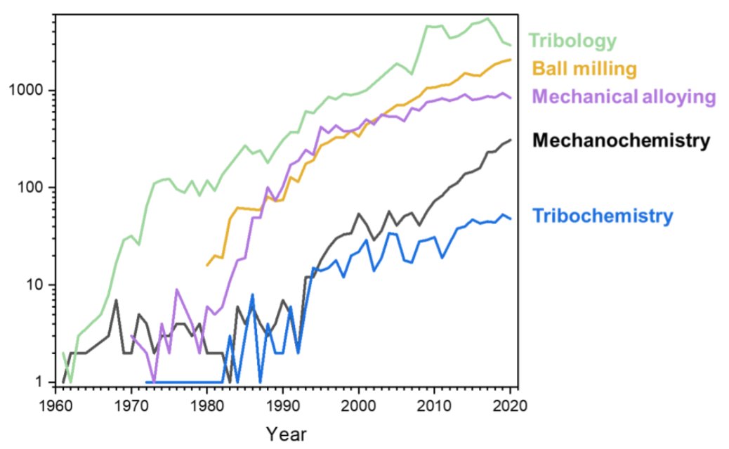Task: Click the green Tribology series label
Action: click(572, 41)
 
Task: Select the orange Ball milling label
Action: click(584, 69)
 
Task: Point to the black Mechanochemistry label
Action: click(621, 141)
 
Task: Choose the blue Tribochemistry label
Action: click(603, 216)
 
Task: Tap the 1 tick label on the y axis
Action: click(44, 382)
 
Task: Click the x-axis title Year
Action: click(287, 434)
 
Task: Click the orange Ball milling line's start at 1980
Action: click(206, 266)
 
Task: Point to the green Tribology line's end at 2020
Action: click(511, 46)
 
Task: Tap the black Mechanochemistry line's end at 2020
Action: click(511, 140)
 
